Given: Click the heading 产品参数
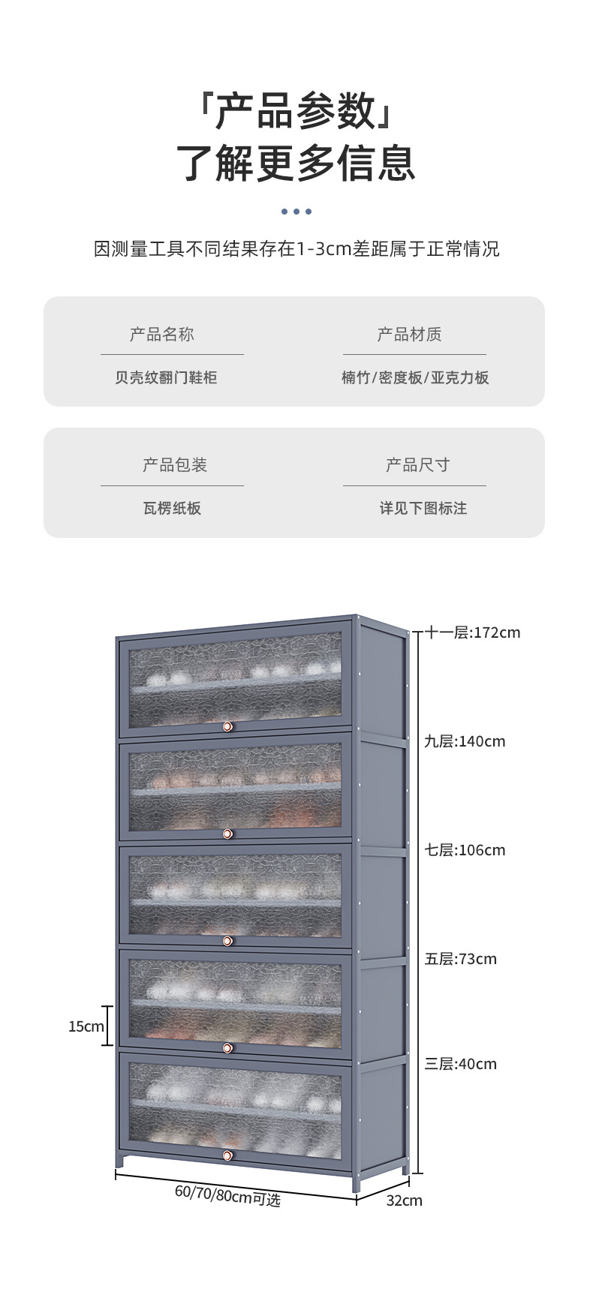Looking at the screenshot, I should (296, 111).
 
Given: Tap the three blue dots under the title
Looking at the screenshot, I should (296, 212).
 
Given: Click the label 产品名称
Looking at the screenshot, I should (162, 335).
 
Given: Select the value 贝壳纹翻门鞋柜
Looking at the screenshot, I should (166, 377).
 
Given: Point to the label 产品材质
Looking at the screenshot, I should (409, 335).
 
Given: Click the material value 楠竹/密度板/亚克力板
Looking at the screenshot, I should (415, 377).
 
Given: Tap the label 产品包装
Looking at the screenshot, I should (175, 465).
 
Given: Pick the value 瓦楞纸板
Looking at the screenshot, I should (172, 508).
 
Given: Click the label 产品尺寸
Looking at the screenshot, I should (417, 465).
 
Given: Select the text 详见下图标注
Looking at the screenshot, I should (423, 508).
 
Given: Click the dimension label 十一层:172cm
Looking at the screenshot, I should (472, 632).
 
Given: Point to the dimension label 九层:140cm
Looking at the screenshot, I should (465, 741).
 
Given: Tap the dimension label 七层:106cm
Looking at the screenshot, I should (465, 850).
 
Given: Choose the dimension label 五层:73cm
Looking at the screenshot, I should (460, 959).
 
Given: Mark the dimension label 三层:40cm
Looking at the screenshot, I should (460, 1064).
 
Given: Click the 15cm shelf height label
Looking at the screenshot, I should (86, 1026).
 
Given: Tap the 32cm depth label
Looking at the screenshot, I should (404, 1200).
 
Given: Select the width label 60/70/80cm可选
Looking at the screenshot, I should (227, 1194).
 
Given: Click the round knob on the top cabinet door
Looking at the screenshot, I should (227, 727).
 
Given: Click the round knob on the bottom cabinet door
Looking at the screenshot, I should (227, 1155).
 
